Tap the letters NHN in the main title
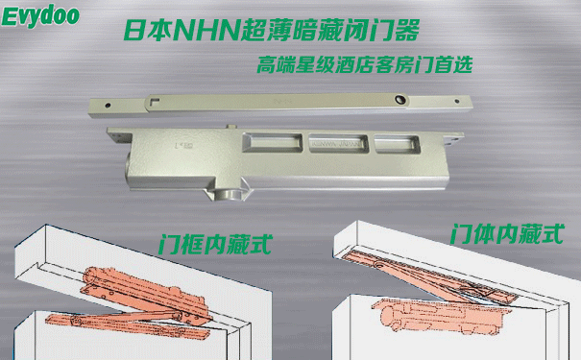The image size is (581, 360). [206, 31]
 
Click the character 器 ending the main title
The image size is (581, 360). [406, 31]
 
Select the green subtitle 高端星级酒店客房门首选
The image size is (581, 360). [365, 65]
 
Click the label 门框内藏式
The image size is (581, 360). [216, 245]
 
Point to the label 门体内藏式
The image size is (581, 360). [507, 233]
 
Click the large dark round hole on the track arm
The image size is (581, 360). [400, 99]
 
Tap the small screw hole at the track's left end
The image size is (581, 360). [108, 106]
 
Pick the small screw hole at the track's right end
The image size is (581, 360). [456, 101]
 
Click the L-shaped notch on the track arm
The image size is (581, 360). [155, 100]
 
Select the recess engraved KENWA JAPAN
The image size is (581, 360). [338, 143]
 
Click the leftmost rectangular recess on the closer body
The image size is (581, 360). [272, 143]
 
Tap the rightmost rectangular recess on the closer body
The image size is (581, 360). [397, 144]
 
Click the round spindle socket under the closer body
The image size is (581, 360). [228, 195]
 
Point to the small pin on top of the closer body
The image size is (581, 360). [230, 127]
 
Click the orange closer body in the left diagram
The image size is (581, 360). [145, 293]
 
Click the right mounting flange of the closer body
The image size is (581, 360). [453, 139]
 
